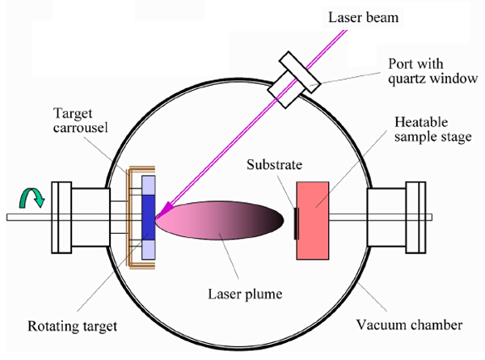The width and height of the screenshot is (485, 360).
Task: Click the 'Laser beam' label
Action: point(363,17)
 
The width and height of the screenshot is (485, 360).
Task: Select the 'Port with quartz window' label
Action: point(432,71)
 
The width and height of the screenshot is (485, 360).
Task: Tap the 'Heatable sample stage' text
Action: point(433,129)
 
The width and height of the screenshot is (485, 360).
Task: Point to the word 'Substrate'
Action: point(274,165)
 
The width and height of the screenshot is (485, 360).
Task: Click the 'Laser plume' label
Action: point(245,294)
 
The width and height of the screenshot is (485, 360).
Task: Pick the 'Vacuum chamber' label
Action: point(409,325)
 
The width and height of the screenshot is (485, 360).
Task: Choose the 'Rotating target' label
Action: point(73,326)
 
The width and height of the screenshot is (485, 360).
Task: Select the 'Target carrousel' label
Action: point(80,121)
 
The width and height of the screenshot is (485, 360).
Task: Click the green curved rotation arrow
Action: point(32,197)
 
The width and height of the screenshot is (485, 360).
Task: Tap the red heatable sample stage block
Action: point(313,220)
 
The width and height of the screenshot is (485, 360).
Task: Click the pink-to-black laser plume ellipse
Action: point(219,220)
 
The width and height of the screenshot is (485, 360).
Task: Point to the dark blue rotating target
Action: point(149,218)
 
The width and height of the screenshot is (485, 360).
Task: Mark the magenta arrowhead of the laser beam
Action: point(167,208)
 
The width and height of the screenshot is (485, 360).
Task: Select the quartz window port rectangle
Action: point(294,80)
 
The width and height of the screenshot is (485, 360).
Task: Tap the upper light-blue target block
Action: point(149,186)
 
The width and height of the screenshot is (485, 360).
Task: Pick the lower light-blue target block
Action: point(149,249)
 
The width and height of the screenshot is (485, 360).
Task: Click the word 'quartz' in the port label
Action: point(407,79)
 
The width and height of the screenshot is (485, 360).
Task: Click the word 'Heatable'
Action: point(421,122)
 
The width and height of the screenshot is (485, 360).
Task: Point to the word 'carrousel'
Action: point(80,128)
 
